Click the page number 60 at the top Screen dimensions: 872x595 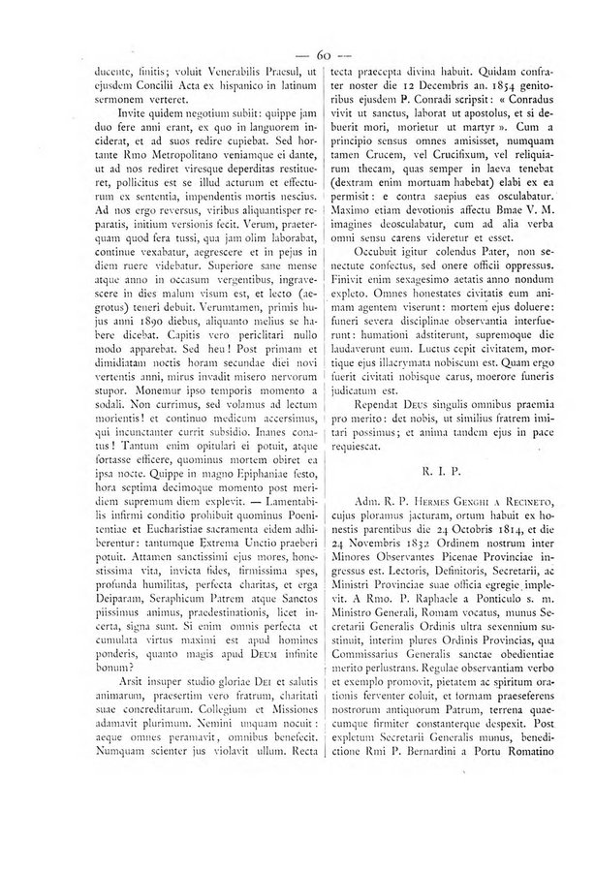pyautogui.click(x=297, y=51)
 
